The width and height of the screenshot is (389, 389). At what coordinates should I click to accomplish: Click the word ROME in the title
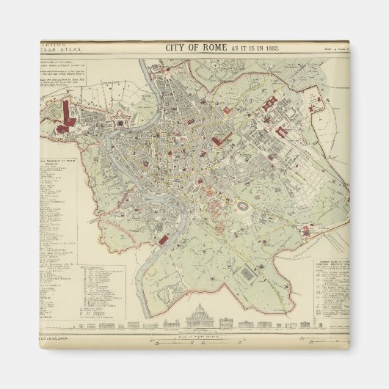point(210,49)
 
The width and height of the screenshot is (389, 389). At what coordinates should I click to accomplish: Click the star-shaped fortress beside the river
point(118,126)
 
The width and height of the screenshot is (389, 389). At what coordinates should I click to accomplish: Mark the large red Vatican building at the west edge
point(70,114)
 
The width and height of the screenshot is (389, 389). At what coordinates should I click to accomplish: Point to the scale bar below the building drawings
point(195,340)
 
